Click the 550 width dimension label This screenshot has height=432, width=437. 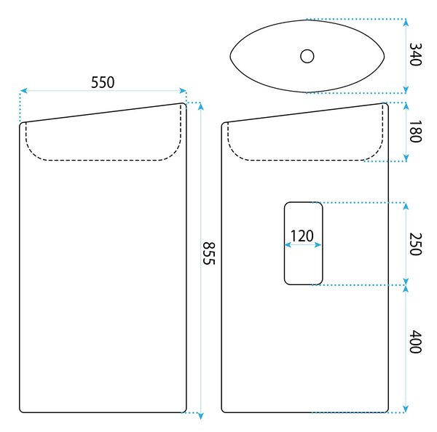click(103, 82)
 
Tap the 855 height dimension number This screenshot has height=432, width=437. click(208, 253)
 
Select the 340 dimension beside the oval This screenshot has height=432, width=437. click(415, 55)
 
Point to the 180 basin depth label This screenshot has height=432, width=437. click(415, 132)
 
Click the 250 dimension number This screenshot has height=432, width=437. click(415, 244)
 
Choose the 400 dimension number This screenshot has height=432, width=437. click(415, 342)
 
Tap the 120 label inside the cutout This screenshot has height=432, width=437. click(302, 236)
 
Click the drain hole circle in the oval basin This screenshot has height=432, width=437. click(307, 56)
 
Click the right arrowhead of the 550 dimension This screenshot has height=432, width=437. click(183, 91)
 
